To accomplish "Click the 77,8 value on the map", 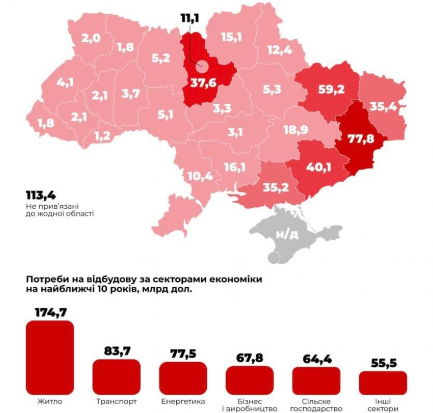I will [x=360, y=139].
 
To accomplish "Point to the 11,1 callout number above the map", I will [x=190, y=18].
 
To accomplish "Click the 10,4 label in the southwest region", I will [x=201, y=177].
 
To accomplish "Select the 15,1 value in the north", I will [x=232, y=37].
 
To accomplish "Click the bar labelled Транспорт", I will [x=116, y=377].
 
